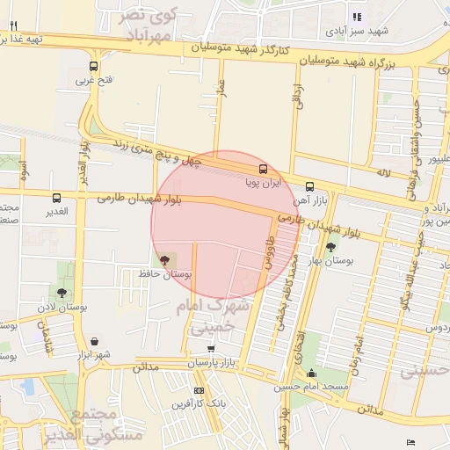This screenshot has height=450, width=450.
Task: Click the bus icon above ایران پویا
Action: (x=263, y=169)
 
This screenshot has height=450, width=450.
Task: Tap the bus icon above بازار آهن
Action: (x=309, y=186)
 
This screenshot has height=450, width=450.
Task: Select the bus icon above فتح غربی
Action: (x=93, y=67)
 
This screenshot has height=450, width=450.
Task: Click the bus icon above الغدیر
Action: (x=56, y=198)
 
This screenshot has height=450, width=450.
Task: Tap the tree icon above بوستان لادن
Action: (x=61, y=293)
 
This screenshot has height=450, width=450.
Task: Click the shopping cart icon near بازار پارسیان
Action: (x=211, y=349)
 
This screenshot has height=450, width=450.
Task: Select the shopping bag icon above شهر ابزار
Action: (x=93, y=341)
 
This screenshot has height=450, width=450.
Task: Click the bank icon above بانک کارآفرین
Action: (x=199, y=390)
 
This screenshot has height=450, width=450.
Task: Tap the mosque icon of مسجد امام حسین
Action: (x=310, y=374)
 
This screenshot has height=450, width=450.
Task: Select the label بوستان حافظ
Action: (x=164, y=274)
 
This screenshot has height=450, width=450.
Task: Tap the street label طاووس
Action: (x=268, y=251)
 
